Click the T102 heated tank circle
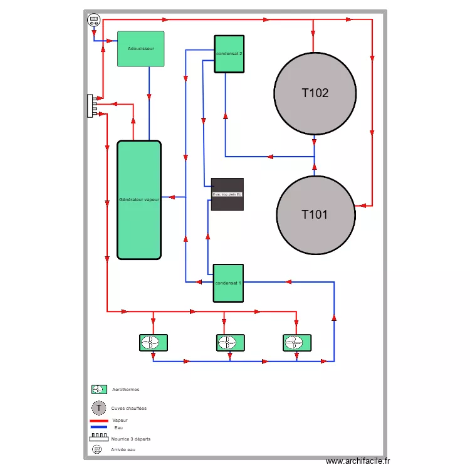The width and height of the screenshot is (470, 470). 315,93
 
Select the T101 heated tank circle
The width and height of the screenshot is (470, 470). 316,214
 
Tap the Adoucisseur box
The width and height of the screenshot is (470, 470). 141,49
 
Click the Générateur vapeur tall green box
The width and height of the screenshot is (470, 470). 139,200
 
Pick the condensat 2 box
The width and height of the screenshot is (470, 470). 229,54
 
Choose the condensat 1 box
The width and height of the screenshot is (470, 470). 228,283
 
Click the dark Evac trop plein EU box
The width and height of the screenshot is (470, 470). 227,194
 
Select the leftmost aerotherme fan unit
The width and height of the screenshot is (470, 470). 154,343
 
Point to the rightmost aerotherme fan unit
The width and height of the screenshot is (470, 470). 297,343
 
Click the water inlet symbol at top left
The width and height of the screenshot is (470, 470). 93,20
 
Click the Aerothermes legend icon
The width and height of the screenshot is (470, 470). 99,389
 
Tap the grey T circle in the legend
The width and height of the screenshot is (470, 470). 99,408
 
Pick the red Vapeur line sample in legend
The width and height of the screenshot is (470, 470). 99,420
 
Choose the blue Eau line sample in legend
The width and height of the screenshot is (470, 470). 99,427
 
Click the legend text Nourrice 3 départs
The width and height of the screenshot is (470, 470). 131,439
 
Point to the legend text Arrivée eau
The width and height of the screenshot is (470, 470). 123,449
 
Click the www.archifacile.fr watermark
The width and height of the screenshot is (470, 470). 357,461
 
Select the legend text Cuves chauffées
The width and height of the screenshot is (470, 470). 129,408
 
